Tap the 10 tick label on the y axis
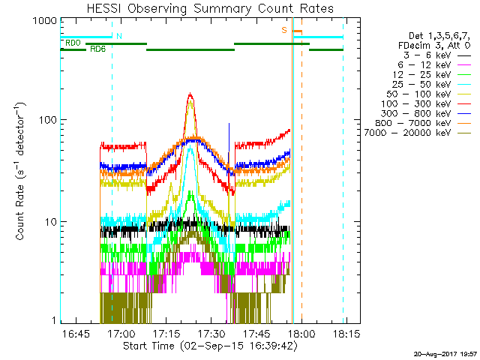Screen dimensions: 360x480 [x=49, y=223]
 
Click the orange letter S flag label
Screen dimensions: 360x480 [x=284, y=30]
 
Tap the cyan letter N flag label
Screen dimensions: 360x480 [x=119, y=36]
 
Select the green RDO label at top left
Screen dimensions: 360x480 [x=73, y=43]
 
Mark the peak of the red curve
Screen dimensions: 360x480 [x=190, y=94]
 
